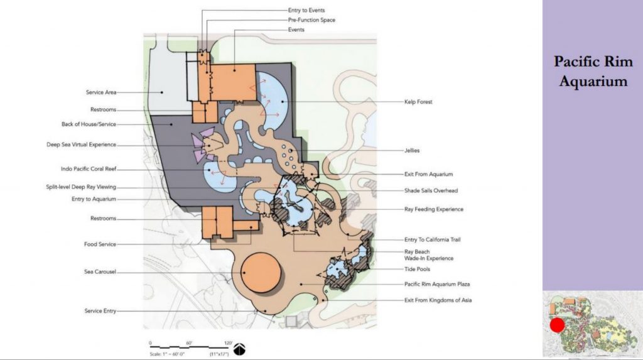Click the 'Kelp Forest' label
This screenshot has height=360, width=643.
click(418, 102)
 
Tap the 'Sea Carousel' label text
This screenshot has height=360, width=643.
click(100, 272)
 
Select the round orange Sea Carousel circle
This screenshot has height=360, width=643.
click(261, 273)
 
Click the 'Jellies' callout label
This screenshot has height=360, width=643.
click(412, 151)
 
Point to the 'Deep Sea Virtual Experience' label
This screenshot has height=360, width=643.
click(81, 145)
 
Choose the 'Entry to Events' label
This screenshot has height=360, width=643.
click(306, 10)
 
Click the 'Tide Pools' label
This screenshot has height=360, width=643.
click(417, 270)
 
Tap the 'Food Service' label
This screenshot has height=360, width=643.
click(100, 244)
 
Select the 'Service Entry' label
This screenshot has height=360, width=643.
click(100, 311)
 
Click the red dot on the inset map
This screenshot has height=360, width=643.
click(557, 325)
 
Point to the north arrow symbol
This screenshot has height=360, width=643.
click(239, 349)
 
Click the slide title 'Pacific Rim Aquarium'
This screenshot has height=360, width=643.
click(593, 71)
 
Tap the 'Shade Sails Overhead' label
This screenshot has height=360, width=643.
click(431, 190)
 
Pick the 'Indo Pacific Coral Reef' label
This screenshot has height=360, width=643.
click(89, 169)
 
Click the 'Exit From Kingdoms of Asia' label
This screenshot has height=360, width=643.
click(438, 300)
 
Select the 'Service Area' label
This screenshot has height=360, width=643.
click(101, 92)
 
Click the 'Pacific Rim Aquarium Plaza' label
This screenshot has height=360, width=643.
click(437, 284)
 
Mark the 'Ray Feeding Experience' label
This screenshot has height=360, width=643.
click(434, 209)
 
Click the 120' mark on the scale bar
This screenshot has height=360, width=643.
click(228, 343)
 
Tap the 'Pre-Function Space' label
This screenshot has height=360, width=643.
click(311, 19)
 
